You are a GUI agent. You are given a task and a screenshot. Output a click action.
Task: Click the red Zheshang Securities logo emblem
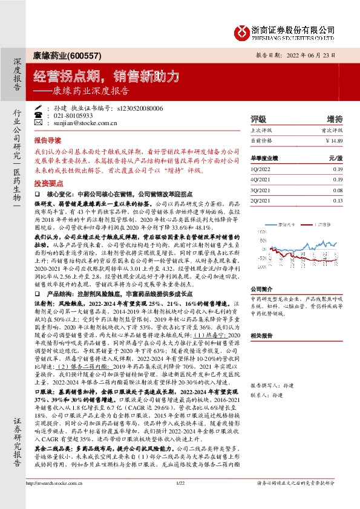243,30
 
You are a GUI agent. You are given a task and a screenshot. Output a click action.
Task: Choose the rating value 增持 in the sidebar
334,118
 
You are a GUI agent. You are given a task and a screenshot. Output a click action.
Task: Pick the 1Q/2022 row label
261,170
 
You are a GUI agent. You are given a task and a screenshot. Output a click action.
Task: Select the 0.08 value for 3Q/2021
337,190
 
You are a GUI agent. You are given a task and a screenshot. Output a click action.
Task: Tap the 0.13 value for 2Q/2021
337,200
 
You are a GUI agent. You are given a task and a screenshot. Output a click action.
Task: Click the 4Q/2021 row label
261,180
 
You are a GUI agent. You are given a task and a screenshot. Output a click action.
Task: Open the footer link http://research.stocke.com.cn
57,499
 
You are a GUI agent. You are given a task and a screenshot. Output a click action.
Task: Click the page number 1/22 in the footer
180,499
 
